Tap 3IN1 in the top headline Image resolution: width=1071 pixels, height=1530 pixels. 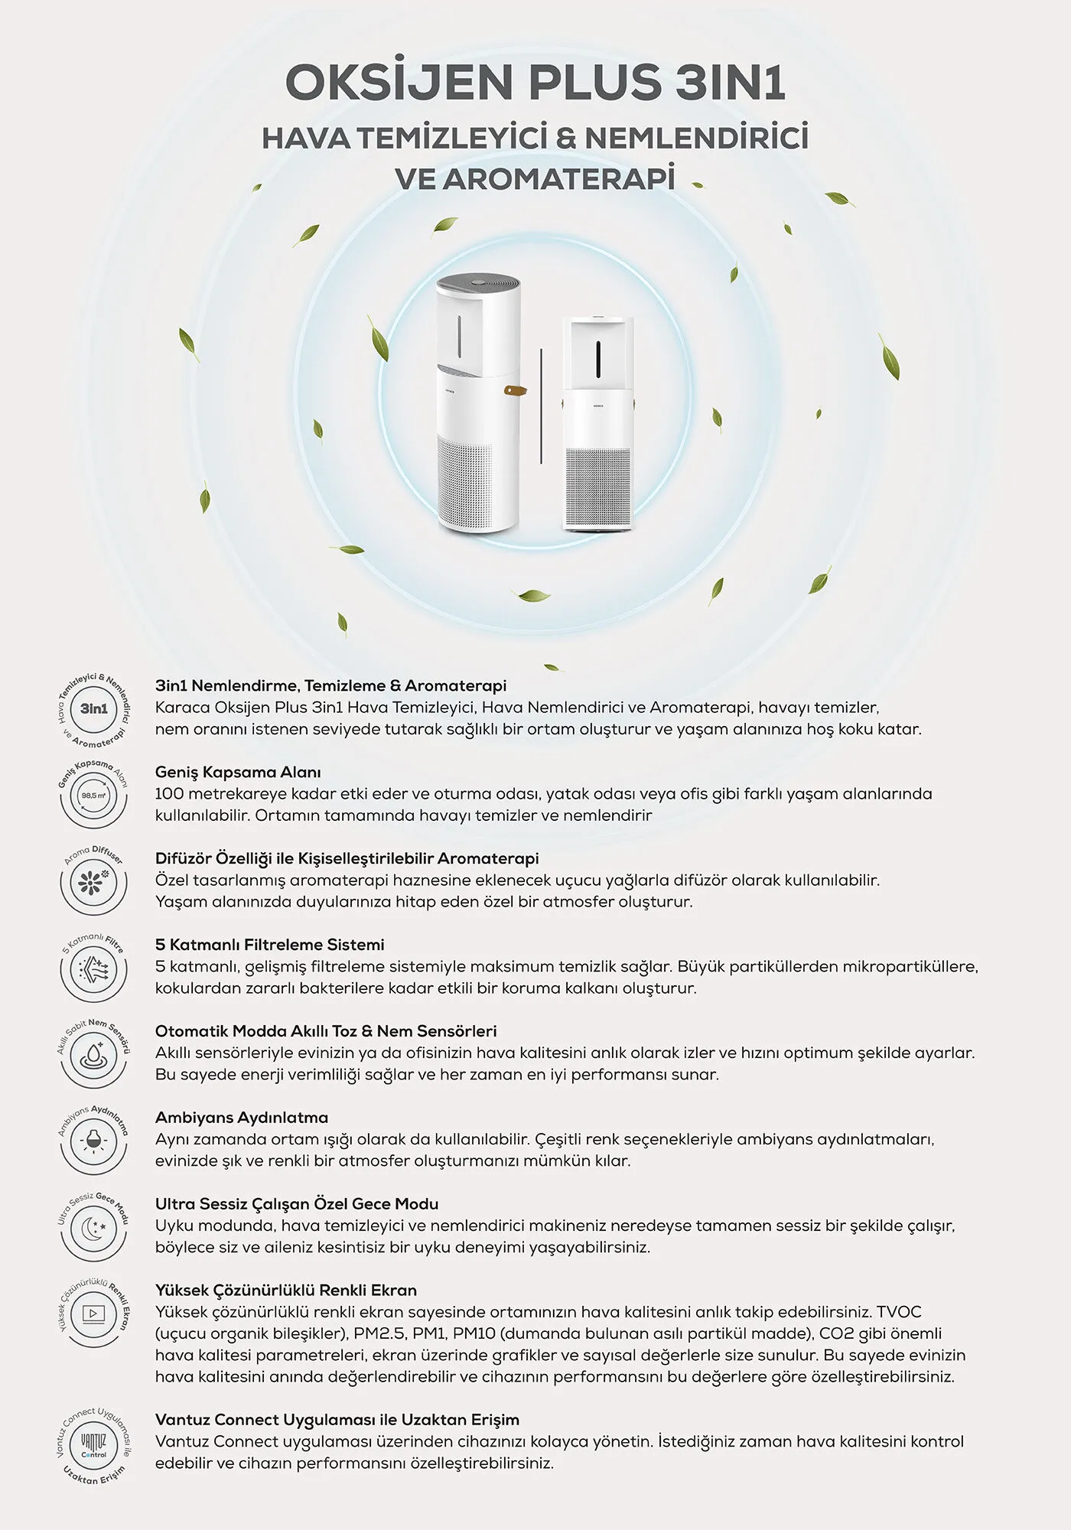731,82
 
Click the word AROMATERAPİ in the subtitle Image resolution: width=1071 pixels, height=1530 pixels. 558,178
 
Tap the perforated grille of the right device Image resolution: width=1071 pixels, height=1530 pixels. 597,487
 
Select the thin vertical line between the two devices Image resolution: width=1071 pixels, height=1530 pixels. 541,405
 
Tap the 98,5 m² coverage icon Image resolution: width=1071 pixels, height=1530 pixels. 94,796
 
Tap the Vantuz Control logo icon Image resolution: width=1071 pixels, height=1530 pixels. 94,1447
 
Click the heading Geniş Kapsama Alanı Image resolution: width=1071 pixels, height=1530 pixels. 238,773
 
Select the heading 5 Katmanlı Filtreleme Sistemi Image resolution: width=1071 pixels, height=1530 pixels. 270,945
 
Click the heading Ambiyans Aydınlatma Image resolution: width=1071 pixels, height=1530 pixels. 242,1118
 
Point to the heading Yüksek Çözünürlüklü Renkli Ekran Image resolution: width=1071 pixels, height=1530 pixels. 286,1291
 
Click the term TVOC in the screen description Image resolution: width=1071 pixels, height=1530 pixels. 900,1313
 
